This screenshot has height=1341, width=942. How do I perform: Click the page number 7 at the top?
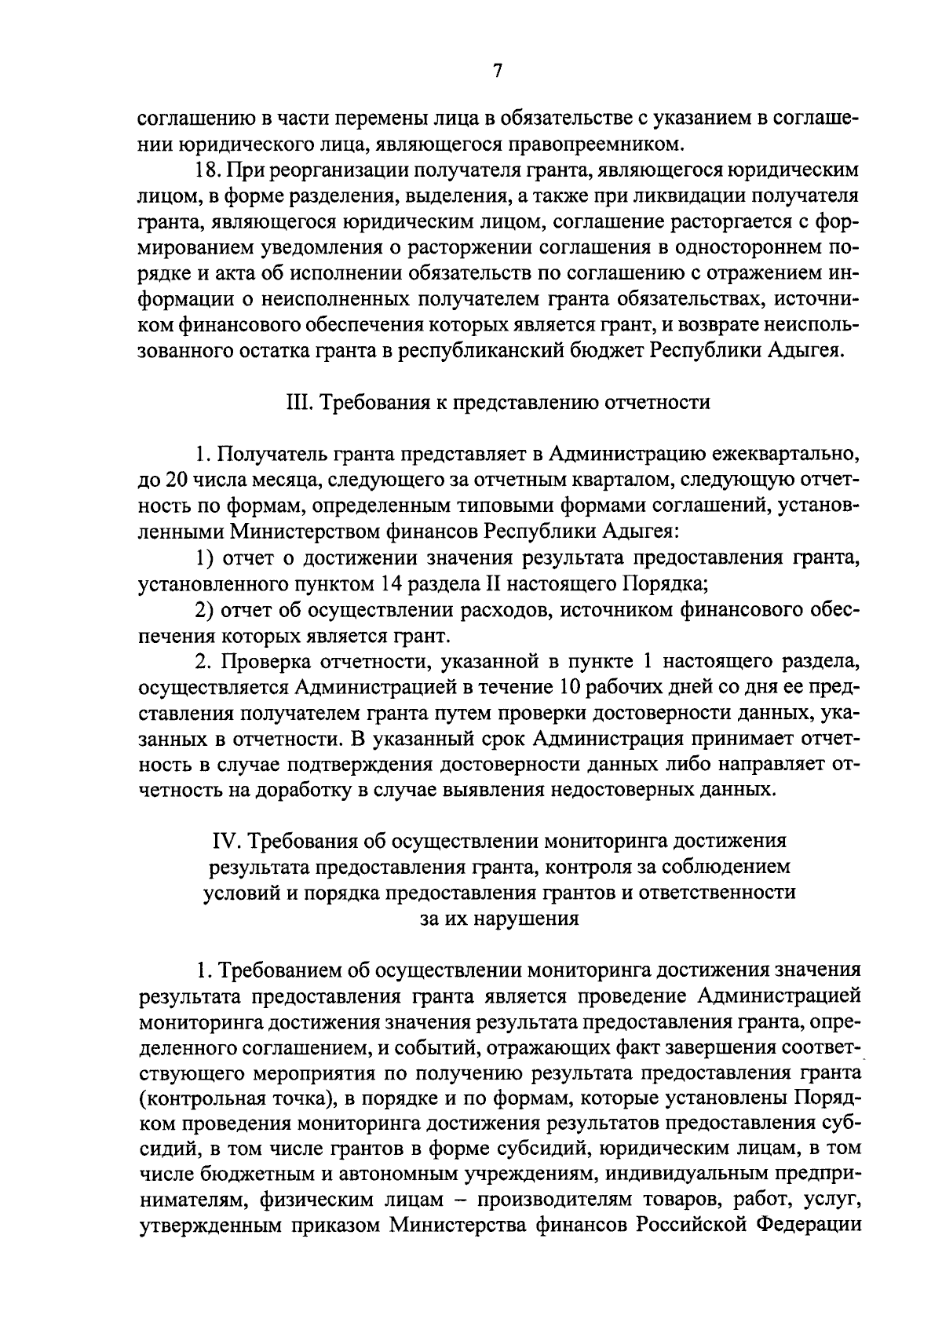point(497,71)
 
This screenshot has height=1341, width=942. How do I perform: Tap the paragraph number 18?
point(207,170)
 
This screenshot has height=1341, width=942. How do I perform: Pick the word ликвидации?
point(681,195)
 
